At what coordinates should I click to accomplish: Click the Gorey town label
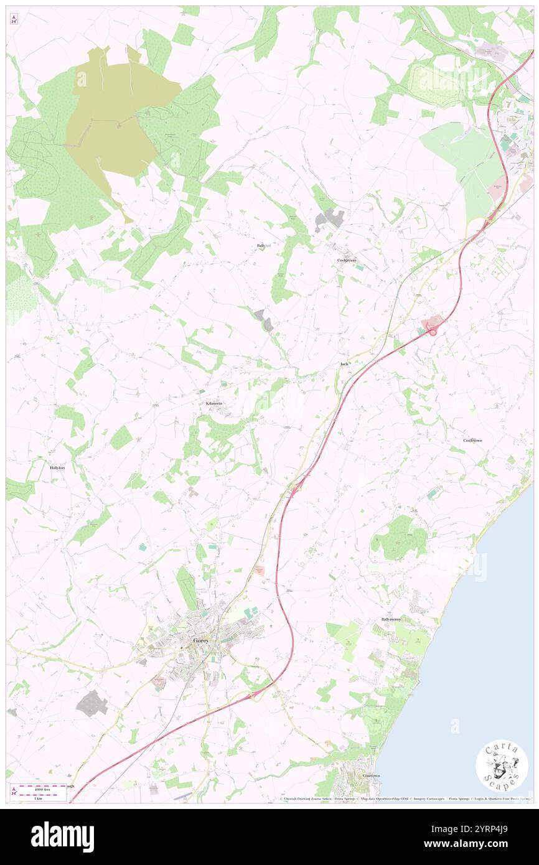[x=200, y=640]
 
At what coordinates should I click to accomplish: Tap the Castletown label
[x=472, y=440]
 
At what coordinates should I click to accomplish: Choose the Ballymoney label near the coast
[x=391, y=620]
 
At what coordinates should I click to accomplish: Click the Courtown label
[x=372, y=776]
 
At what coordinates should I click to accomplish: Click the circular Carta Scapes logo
[x=502, y=765]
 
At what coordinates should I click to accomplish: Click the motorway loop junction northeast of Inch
[x=431, y=324]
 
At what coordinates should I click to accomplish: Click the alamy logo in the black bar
[x=62, y=837]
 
